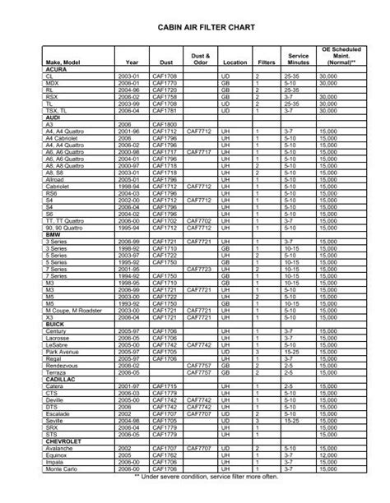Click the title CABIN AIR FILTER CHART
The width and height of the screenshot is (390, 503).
point(195,28)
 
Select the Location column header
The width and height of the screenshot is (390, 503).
point(234,62)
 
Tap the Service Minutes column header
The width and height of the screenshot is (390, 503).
point(298,59)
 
